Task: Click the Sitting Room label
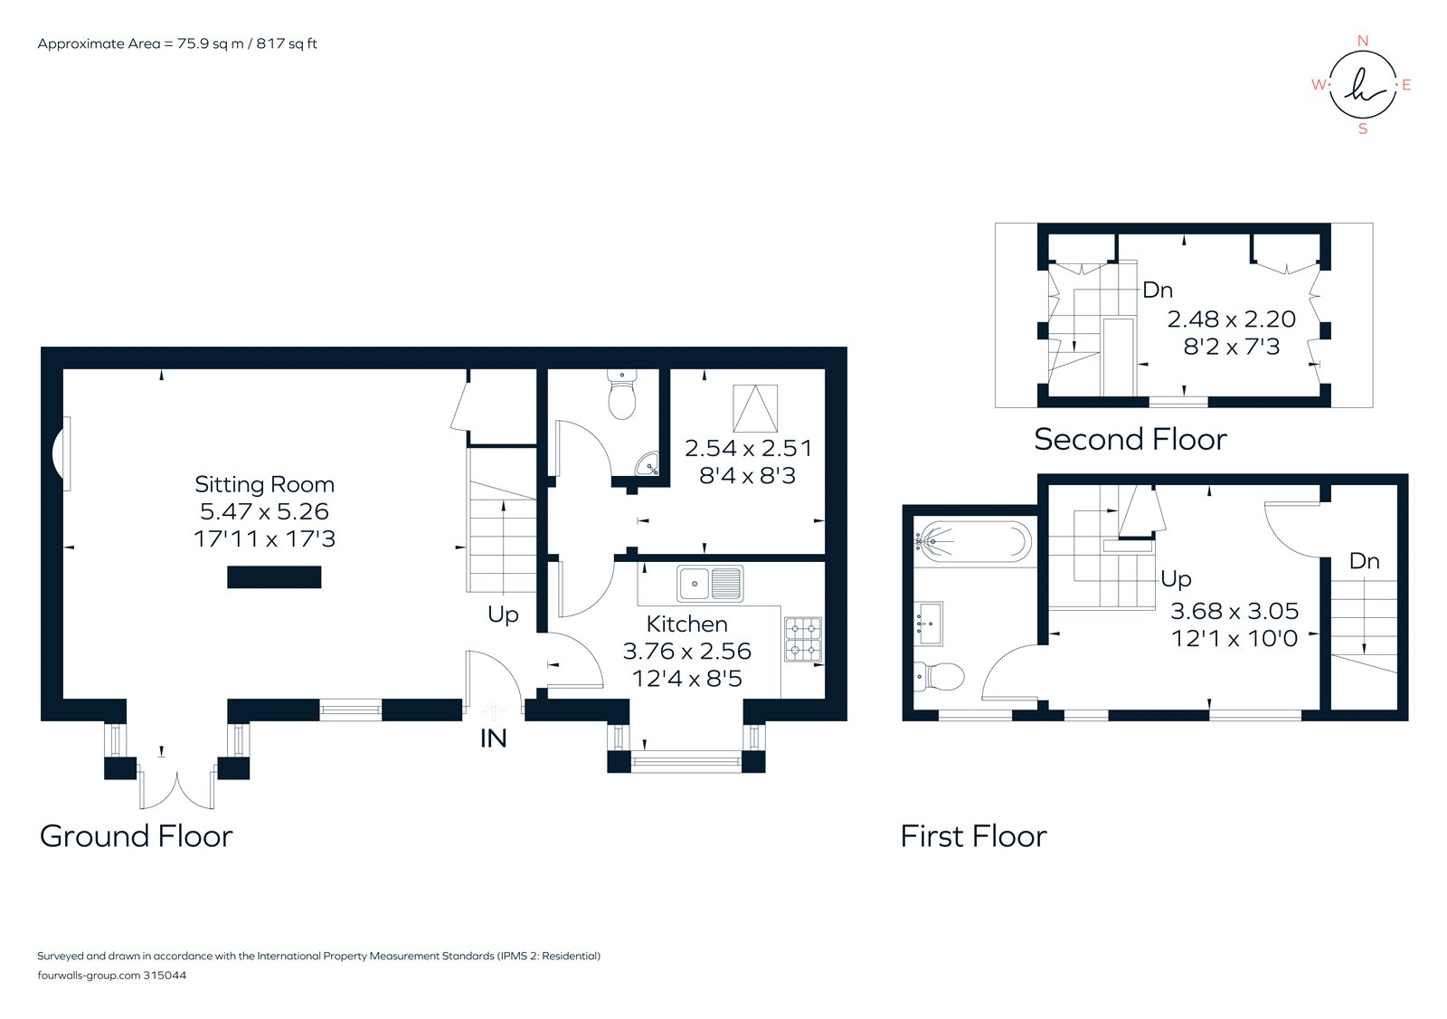264,485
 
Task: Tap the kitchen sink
711,584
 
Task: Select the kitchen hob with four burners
802,639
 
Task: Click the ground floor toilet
621,395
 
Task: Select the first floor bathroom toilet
939,675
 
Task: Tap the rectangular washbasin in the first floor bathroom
930,624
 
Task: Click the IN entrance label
493,738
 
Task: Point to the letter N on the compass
1363,41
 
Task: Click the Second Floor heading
1130,440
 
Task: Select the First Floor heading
973,836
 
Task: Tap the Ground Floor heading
137,836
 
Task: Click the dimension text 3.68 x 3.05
1234,611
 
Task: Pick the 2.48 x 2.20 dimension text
1231,319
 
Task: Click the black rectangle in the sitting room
274,577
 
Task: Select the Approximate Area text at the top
177,43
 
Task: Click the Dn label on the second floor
1158,290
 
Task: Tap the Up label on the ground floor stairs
503,614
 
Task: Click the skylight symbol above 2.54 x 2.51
755,408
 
